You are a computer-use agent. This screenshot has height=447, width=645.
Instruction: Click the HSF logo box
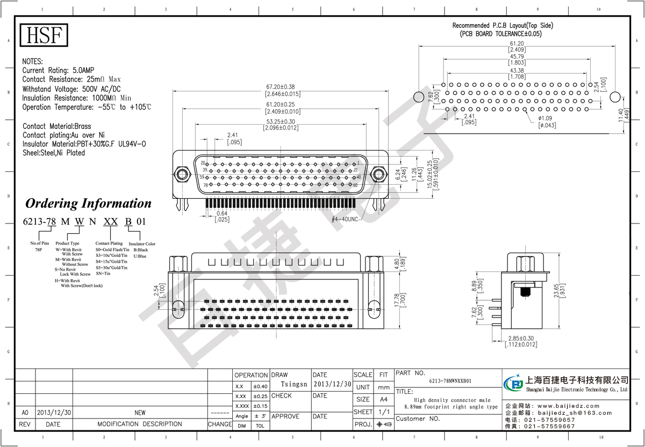(x=45, y=35)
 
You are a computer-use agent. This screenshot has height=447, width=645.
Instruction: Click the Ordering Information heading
(x=89, y=204)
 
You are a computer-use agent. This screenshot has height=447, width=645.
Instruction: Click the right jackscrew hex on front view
(x=378, y=174)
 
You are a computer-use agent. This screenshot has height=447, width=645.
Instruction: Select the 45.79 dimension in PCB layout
(x=517, y=56)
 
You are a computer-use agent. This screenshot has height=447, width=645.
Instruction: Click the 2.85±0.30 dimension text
(x=521, y=338)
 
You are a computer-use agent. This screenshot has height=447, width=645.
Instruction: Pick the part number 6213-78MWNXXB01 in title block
(x=450, y=380)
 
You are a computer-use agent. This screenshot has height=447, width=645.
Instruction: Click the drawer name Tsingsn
(x=293, y=385)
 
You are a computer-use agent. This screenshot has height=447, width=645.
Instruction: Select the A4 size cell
(x=384, y=399)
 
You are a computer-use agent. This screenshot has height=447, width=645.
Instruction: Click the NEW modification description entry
(x=140, y=413)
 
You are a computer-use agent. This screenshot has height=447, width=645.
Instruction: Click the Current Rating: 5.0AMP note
(x=58, y=70)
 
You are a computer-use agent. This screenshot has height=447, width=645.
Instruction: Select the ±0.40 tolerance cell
(x=260, y=386)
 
